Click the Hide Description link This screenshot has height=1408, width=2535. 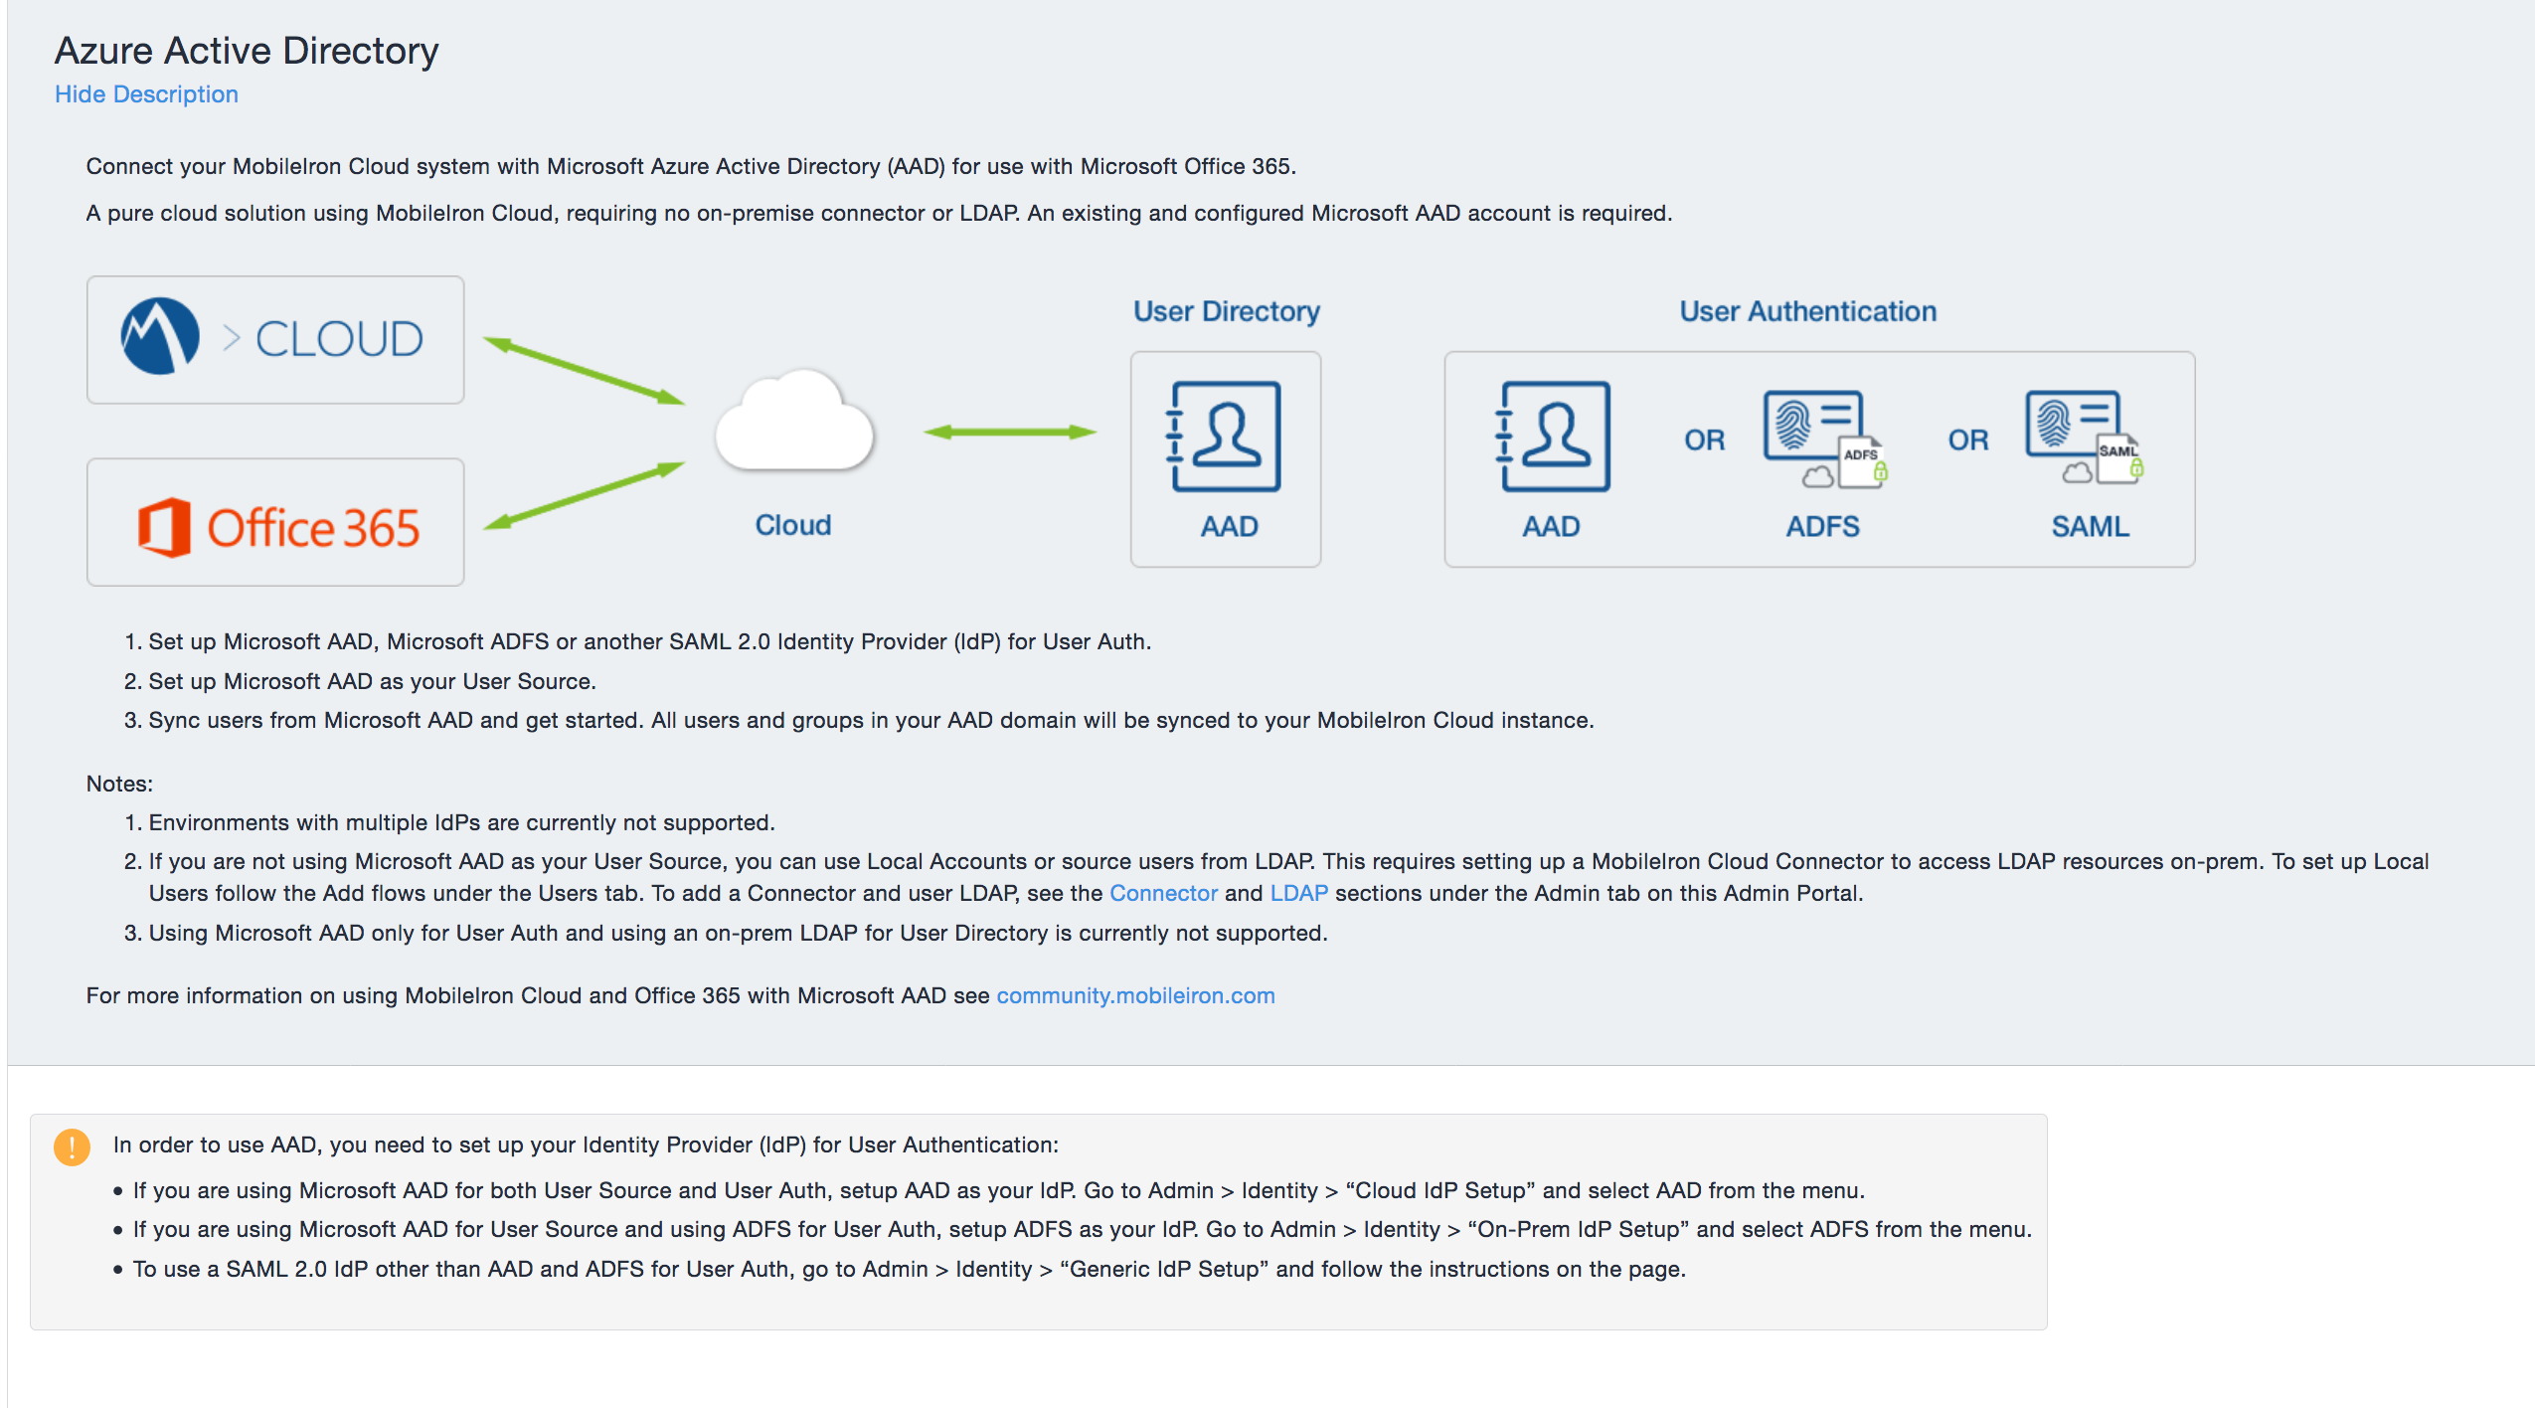point(146,94)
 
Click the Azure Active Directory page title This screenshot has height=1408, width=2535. point(246,51)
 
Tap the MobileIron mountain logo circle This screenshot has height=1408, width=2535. point(159,336)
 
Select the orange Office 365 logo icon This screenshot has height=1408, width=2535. point(164,527)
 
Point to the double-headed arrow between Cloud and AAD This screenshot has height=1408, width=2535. point(1009,432)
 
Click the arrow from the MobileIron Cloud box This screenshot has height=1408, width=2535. point(584,371)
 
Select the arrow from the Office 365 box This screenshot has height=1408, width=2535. point(584,495)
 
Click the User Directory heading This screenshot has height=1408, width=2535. point(1226,311)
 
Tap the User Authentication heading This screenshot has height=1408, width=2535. point(1807,311)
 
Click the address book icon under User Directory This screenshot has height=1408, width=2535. point(1226,437)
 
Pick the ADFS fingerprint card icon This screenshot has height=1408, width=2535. point(1823,439)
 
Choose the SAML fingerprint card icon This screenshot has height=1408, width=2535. point(2084,437)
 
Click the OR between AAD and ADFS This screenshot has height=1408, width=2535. point(1704,440)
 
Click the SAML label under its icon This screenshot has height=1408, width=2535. point(2090,526)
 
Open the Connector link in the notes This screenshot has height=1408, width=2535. point(1163,893)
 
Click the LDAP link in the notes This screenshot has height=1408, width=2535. point(1298,893)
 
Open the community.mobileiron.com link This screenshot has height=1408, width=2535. point(1135,995)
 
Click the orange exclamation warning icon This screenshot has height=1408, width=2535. point(72,1146)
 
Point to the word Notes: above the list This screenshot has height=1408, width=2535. point(119,784)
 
